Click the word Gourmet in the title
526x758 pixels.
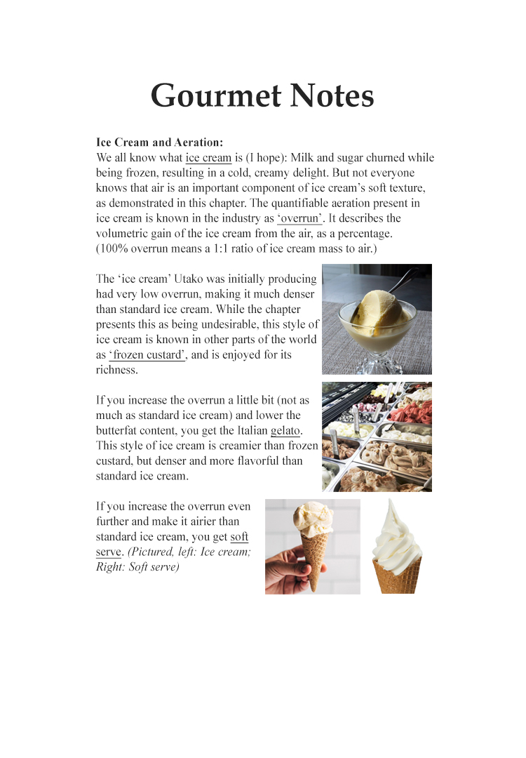pyautogui.click(x=209, y=96)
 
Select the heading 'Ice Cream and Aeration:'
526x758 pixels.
pyautogui.click(x=159, y=142)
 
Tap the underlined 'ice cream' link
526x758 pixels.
pyautogui.click(x=208, y=158)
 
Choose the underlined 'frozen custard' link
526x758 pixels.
pyautogui.click(x=147, y=355)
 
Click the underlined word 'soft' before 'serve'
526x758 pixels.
pyautogui.click(x=239, y=537)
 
